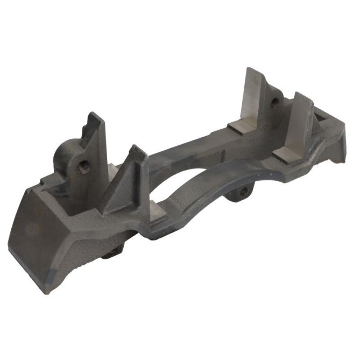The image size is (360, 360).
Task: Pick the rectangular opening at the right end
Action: (x=323, y=116)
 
